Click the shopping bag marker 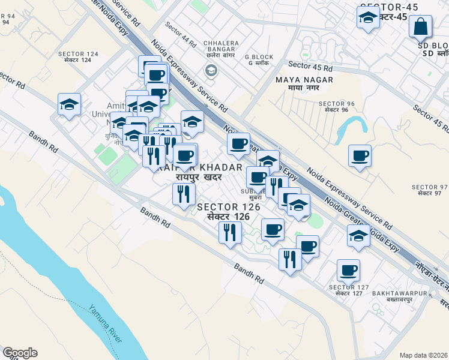pos(421,27)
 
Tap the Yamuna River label pos(106,325)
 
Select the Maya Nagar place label pos(296,83)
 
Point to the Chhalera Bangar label pos(221,47)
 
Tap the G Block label pos(259,61)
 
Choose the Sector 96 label pos(336,107)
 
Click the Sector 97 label pos(430,190)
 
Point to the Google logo pos(20,353)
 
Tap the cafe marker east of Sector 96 pos(360,156)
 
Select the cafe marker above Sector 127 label pos(348,270)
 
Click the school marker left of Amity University pos(70,104)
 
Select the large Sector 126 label pos(229,211)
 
